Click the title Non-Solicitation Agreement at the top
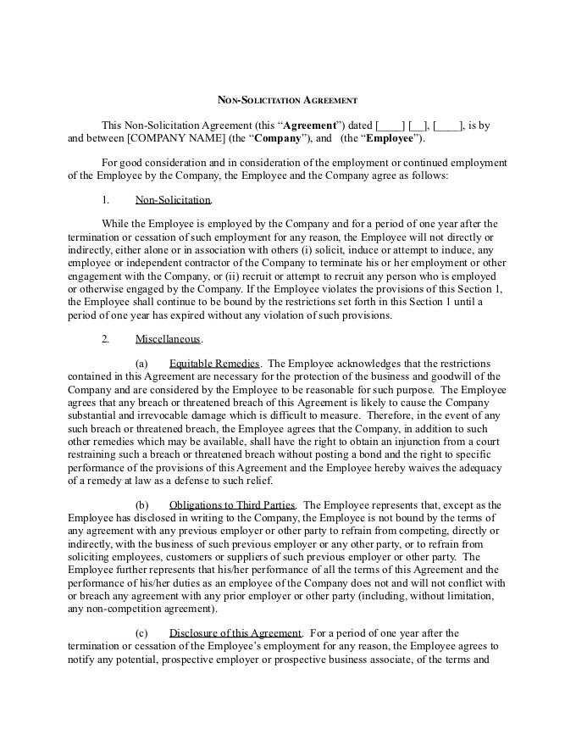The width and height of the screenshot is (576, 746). (287, 100)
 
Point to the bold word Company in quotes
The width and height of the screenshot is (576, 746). (278, 139)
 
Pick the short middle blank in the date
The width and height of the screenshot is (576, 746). (418, 125)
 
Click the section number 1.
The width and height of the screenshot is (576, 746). (105, 200)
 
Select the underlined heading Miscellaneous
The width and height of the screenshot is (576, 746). (168, 339)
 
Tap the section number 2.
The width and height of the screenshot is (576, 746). (105, 339)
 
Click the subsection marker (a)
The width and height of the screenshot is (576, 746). (141, 363)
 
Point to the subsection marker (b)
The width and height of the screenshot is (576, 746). (141, 504)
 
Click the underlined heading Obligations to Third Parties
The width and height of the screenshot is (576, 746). (232, 504)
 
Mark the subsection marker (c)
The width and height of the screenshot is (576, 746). (141, 632)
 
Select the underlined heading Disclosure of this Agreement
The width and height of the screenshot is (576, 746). (235, 632)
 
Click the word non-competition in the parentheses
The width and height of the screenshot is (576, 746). (120, 609)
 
